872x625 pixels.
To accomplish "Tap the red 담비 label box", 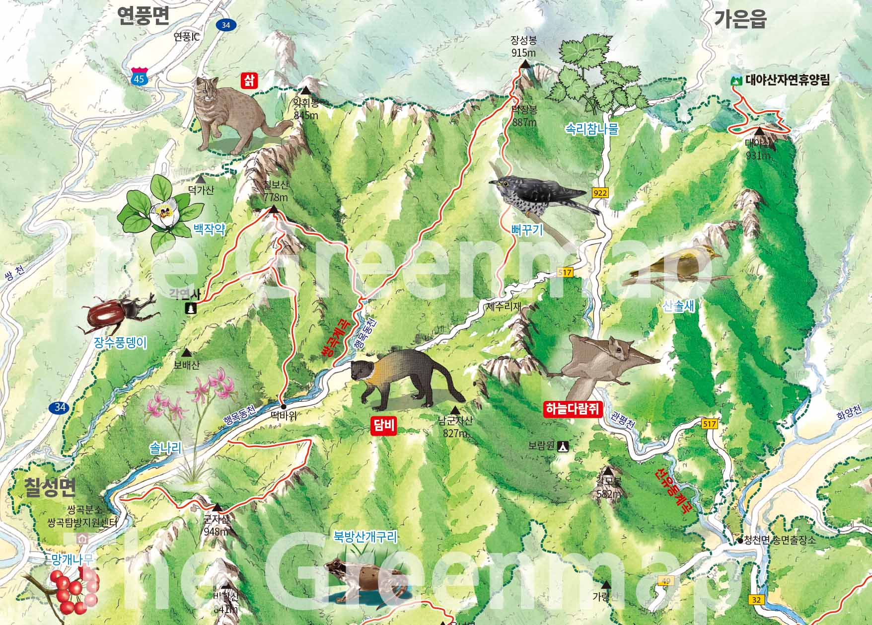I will tap(383, 426).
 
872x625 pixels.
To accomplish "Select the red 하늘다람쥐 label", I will tap(573, 409).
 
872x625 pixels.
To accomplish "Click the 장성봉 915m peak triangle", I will tap(525, 64).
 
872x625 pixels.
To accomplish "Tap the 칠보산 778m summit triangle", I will tap(273, 210).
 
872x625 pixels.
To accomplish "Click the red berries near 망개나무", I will tap(70, 591).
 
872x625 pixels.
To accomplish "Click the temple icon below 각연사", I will tap(190, 309).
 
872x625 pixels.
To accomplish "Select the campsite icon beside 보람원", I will tap(563, 446).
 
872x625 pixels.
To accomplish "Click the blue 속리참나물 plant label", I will tap(592, 130).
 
